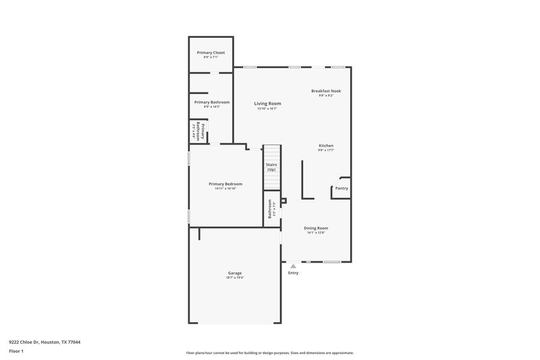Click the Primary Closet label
(x=211, y=53)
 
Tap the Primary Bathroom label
(x=211, y=102)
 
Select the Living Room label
(x=267, y=103)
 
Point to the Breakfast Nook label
(x=326, y=91)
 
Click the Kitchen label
(x=326, y=145)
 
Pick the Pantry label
(x=342, y=188)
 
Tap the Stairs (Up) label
(x=271, y=167)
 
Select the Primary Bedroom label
(x=225, y=184)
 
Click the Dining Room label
(x=315, y=228)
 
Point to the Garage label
(x=234, y=273)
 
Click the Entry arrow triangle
(x=293, y=267)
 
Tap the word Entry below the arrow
(x=293, y=273)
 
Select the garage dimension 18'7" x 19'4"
(x=234, y=278)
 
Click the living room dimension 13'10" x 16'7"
(x=267, y=108)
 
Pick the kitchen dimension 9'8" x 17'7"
(x=326, y=150)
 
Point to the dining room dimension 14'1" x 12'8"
(x=315, y=233)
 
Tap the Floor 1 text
(x=16, y=352)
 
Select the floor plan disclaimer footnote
(x=269, y=353)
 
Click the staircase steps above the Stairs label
(x=271, y=153)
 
